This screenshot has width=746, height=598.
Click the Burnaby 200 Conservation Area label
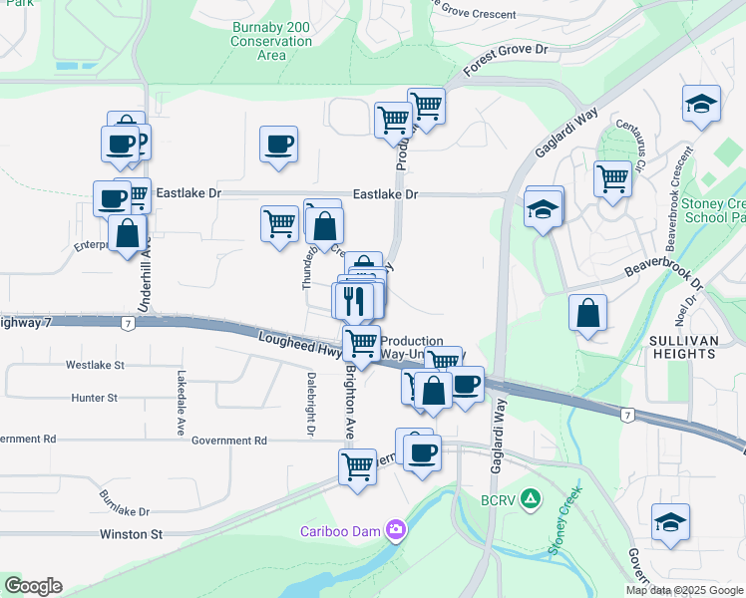(x=271, y=41)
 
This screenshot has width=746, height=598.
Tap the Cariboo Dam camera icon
(x=396, y=529)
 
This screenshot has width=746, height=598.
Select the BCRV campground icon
(x=532, y=496)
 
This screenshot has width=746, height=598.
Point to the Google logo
(x=32, y=586)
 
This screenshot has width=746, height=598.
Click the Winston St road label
(x=131, y=534)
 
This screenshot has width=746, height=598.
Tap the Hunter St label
(x=94, y=398)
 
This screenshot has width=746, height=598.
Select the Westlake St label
(x=95, y=366)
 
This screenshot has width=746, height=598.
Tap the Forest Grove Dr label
(x=507, y=61)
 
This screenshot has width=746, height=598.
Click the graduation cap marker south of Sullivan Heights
(x=670, y=521)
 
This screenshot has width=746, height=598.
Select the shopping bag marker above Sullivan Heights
(x=588, y=313)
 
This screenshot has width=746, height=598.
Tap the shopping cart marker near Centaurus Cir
(x=612, y=179)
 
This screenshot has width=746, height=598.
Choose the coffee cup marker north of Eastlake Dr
(x=278, y=144)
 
